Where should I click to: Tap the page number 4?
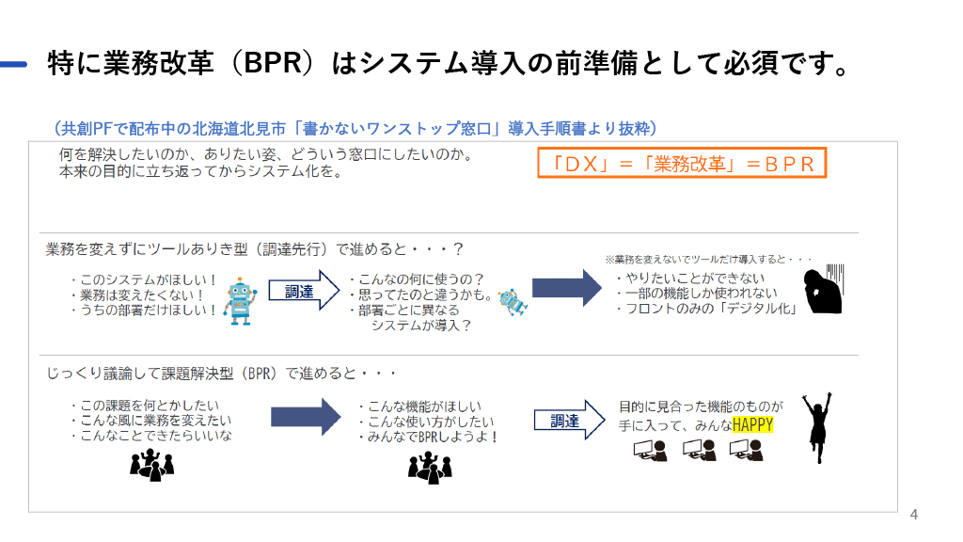(x=913, y=515)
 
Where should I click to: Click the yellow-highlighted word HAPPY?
(x=753, y=424)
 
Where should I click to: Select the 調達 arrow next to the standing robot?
(x=302, y=292)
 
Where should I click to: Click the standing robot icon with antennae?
(x=239, y=300)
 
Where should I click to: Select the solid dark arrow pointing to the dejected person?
(x=566, y=287)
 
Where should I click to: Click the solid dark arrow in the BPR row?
(x=305, y=416)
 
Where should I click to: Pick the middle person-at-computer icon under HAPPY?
(x=699, y=451)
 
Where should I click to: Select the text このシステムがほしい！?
(x=143, y=279)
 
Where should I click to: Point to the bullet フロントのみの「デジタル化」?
(x=705, y=309)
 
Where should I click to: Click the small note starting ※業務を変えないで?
(x=707, y=259)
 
